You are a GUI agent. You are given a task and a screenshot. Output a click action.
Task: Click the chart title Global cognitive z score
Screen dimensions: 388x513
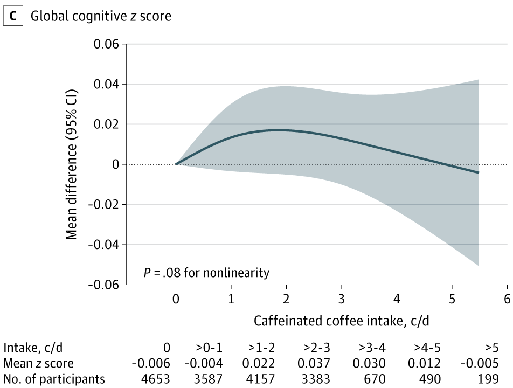coord(101,16)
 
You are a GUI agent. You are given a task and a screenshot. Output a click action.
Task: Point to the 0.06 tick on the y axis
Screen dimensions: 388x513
coord(107,44)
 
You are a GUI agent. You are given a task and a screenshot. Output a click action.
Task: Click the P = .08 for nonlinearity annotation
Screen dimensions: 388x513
coord(206,273)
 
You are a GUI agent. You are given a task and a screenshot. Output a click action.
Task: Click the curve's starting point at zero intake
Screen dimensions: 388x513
coord(176,164)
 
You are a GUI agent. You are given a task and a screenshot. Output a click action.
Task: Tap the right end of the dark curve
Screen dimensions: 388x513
coord(479,172)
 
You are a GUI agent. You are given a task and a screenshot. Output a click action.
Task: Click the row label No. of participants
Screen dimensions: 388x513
coord(54,379)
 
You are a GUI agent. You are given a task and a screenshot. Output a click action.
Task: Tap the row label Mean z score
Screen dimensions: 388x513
coord(38,363)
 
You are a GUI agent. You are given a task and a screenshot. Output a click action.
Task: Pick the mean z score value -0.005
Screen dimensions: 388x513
coord(482,363)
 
